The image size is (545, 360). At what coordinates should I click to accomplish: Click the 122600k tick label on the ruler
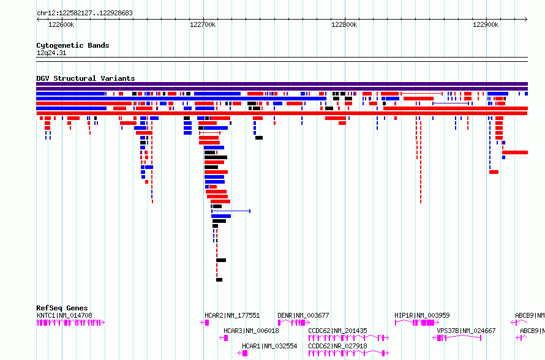click(61, 24)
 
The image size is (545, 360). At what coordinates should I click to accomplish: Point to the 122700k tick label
click(203, 24)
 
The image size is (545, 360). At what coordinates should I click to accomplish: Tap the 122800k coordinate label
click(344, 24)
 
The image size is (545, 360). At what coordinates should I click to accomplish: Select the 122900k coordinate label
click(486, 24)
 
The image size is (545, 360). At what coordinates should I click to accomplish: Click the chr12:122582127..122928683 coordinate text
click(85, 13)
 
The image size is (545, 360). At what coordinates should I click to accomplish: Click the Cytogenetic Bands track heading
click(73, 45)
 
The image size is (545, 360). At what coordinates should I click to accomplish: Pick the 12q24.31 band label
click(51, 53)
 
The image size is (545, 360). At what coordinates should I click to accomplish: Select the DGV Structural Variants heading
click(86, 78)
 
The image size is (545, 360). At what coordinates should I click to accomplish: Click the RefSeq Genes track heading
click(62, 308)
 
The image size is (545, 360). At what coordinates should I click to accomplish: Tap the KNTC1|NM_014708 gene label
click(64, 315)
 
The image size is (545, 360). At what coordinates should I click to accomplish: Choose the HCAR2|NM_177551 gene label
click(232, 315)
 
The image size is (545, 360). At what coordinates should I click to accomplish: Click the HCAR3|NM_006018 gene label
click(251, 331)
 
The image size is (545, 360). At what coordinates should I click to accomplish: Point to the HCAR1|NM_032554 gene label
click(269, 346)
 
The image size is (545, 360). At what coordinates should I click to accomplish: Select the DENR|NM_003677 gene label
click(303, 315)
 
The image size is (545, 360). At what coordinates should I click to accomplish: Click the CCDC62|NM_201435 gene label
click(337, 331)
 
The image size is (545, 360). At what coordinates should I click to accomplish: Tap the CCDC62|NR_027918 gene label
click(337, 346)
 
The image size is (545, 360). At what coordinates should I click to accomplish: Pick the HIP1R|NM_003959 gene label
click(422, 315)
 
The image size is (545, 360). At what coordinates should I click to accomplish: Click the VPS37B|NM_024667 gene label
click(466, 331)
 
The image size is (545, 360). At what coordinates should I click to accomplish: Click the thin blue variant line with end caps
click(231, 211)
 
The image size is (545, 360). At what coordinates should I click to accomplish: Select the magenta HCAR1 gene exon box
click(245, 353)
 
